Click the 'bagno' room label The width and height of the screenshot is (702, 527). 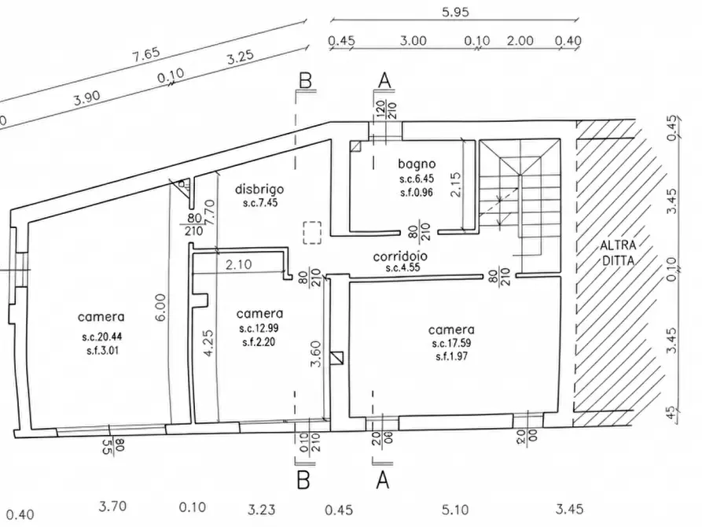click(417, 164)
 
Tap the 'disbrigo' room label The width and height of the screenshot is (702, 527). click(259, 189)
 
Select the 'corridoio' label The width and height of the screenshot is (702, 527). click(400, 256)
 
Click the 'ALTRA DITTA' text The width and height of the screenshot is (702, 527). click(618, 252)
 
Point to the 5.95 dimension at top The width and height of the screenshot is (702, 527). click(455, 12)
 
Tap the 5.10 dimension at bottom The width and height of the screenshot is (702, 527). click(455, 510)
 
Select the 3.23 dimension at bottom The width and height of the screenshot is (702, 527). click(262, 510)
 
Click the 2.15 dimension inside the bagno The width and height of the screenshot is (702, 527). click(455, 185)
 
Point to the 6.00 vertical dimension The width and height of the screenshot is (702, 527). click(161, 307)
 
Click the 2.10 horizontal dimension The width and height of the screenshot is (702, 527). click(239, 264)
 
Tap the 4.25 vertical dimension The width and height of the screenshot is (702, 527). click(208, 344)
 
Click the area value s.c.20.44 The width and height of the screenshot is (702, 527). click(101, 336)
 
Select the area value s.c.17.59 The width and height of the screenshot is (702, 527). click(451, 343)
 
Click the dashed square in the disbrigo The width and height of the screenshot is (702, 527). click(312, 233)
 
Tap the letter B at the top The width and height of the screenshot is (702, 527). click(305, 81)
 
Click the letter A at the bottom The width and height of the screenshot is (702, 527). click(383, 481)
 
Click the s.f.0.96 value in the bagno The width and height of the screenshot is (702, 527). click(417, 193)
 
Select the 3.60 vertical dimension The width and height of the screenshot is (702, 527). click(316, 354)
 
